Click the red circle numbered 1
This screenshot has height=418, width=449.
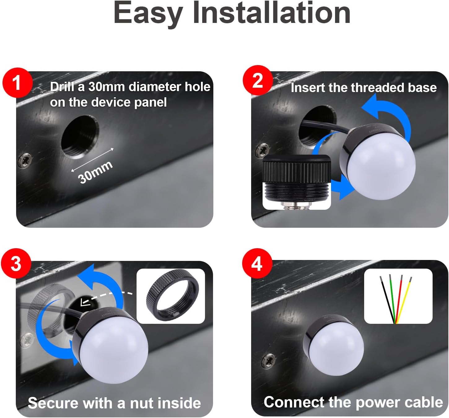(18, 83)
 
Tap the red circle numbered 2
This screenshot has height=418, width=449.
(258, 80)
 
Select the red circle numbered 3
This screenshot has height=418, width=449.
(16, 264)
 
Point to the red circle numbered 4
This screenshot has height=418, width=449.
(257, 264)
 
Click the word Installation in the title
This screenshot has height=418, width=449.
(271, 13)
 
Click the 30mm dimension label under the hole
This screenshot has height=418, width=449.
(95, 172)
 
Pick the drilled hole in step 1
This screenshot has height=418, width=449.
(80, 137)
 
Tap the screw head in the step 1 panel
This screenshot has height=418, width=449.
(25, 160)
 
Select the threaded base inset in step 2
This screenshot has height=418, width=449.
(297, 182)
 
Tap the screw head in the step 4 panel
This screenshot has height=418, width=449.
(268, 360)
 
